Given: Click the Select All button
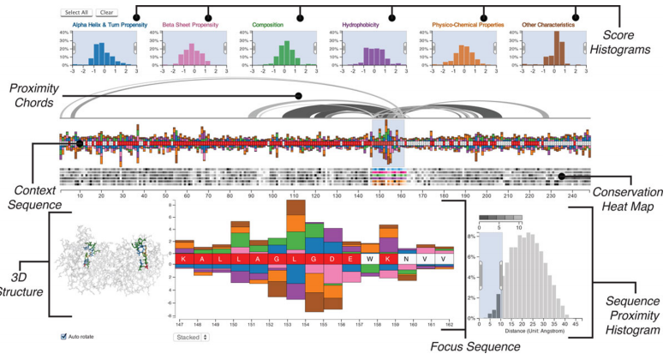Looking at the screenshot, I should click(77, 13).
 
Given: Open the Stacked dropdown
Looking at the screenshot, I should click(191, 338).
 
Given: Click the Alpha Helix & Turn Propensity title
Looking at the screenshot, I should click(105, 25).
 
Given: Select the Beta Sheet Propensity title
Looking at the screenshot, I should click(192, 25).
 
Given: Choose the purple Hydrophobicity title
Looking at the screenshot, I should click(365, 25).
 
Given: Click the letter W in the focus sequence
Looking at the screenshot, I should click(368, 258).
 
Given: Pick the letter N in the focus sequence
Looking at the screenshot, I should click(407, 258).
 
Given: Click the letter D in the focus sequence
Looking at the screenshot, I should click(330, 258).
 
